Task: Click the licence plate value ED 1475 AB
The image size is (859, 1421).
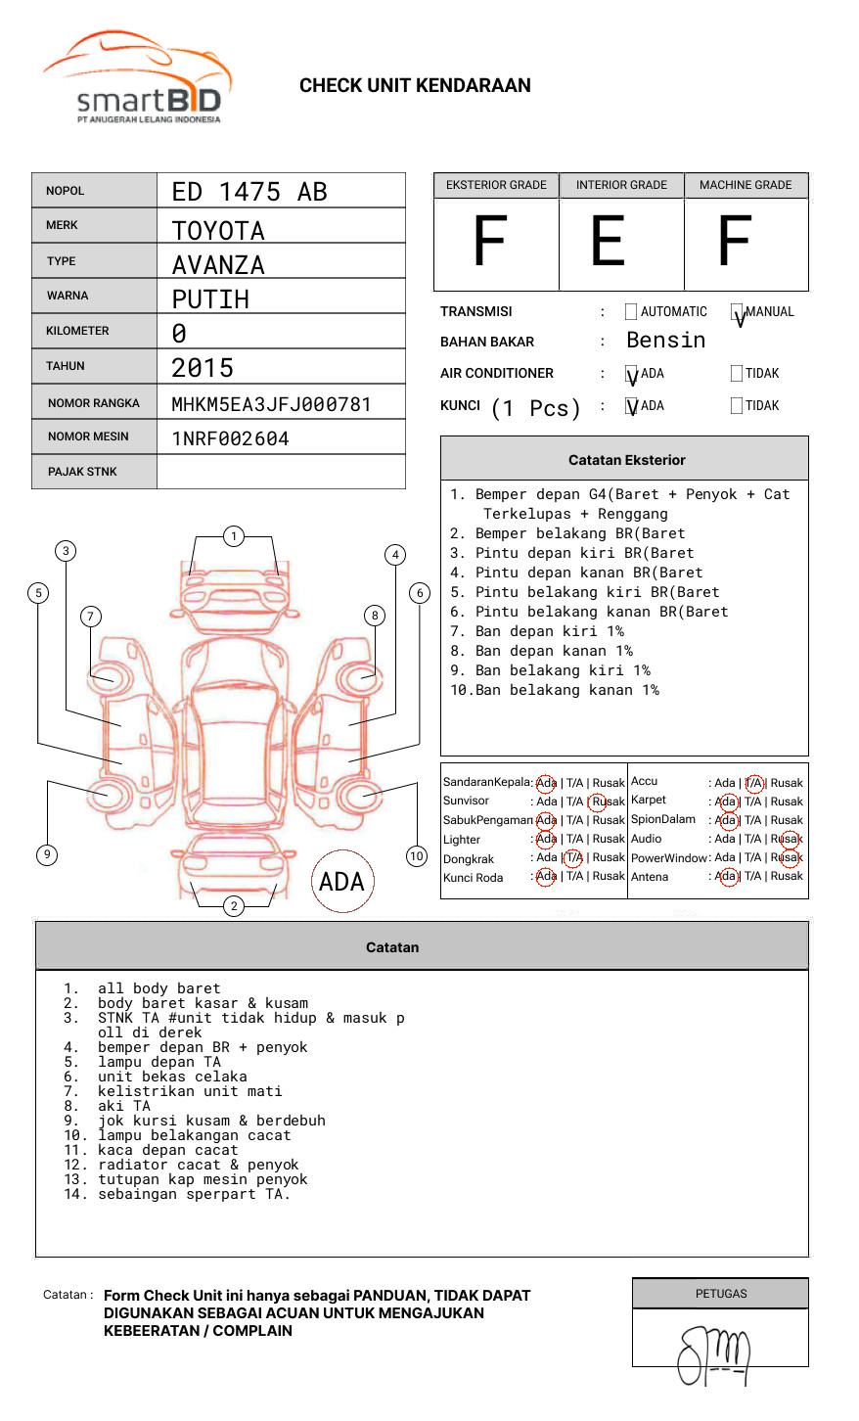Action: (x=249, y=192)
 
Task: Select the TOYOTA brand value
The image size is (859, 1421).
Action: (x=218, y=231)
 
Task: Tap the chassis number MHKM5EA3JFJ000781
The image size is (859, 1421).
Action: (x=271, y=404)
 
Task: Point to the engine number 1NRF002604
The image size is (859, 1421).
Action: (x=230, y=438)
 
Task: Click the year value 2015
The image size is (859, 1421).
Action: (x=203, y=368)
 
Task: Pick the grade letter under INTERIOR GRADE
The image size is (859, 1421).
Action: (x=608, y=242)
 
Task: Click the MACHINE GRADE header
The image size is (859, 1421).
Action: (x=746, y=185)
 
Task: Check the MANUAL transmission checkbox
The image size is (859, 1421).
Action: (x=737, y=313)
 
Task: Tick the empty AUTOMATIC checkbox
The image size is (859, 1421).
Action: (x=631, y=312)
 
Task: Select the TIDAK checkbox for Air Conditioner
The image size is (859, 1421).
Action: (x=737, y=373)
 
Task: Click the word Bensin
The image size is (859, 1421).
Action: (x=665, y=341)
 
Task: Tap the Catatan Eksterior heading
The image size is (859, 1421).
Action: (x=626, y=460)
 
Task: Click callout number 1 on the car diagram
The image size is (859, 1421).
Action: (x=233, y=535)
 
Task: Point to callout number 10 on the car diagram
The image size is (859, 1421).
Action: (x=417, y=856)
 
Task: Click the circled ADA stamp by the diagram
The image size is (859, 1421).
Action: (x=341, y=882)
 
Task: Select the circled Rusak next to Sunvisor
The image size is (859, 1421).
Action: (x=607, y=802)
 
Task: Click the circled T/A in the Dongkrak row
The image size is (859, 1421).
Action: (x=573, y=858)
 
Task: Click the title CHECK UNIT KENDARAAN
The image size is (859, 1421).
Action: (x=415, y=86)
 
